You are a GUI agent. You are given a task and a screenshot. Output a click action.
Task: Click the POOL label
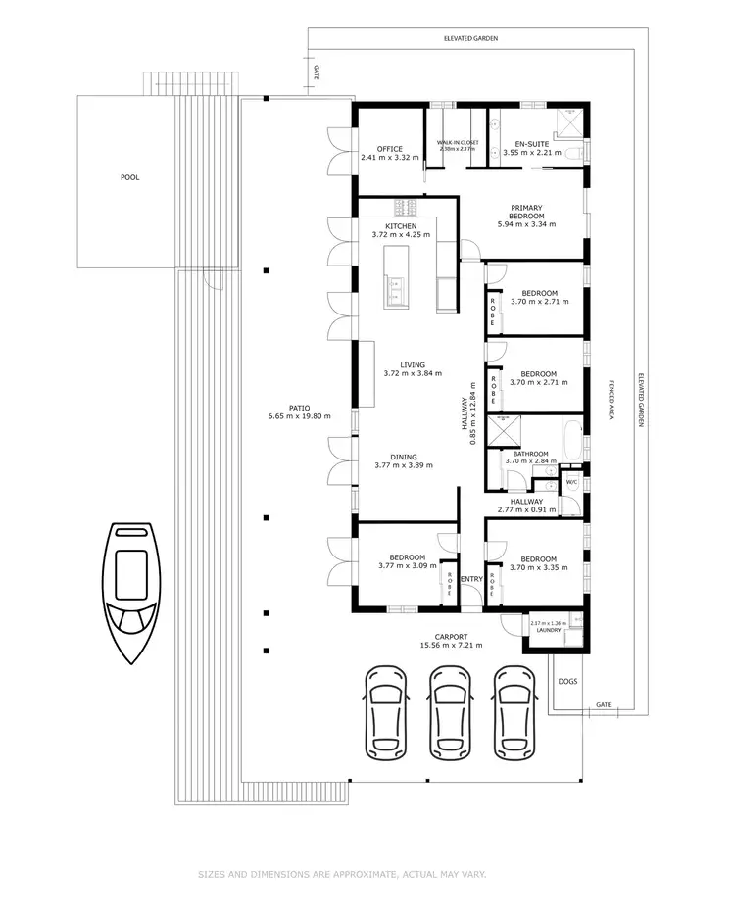coord(130,178)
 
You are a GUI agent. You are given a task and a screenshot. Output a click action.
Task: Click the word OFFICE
coord(389,149)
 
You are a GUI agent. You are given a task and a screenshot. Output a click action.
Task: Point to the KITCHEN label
coord(401,227)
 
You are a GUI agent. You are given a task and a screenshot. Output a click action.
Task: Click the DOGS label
coord(567,681)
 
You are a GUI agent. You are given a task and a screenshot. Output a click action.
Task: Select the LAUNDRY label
coord(548,630)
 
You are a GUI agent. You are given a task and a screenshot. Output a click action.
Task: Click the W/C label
coord(571,482)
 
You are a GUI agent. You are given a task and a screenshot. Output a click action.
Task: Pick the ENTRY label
coord(471,579)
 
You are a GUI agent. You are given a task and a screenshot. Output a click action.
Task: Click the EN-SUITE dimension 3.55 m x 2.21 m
coord(531,153)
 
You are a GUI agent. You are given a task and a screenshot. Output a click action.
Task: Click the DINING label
coord(403,457)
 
